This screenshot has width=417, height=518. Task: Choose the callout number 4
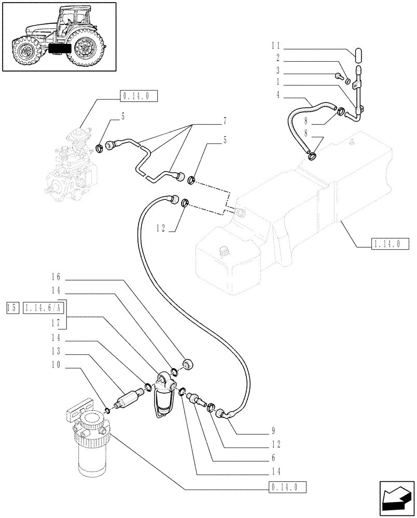[279, 94]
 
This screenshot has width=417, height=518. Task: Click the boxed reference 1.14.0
[386, 243]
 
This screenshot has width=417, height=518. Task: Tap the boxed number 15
[12, 308]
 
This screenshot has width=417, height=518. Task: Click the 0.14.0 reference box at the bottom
[288, 487]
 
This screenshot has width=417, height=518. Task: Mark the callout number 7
[225, 122]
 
